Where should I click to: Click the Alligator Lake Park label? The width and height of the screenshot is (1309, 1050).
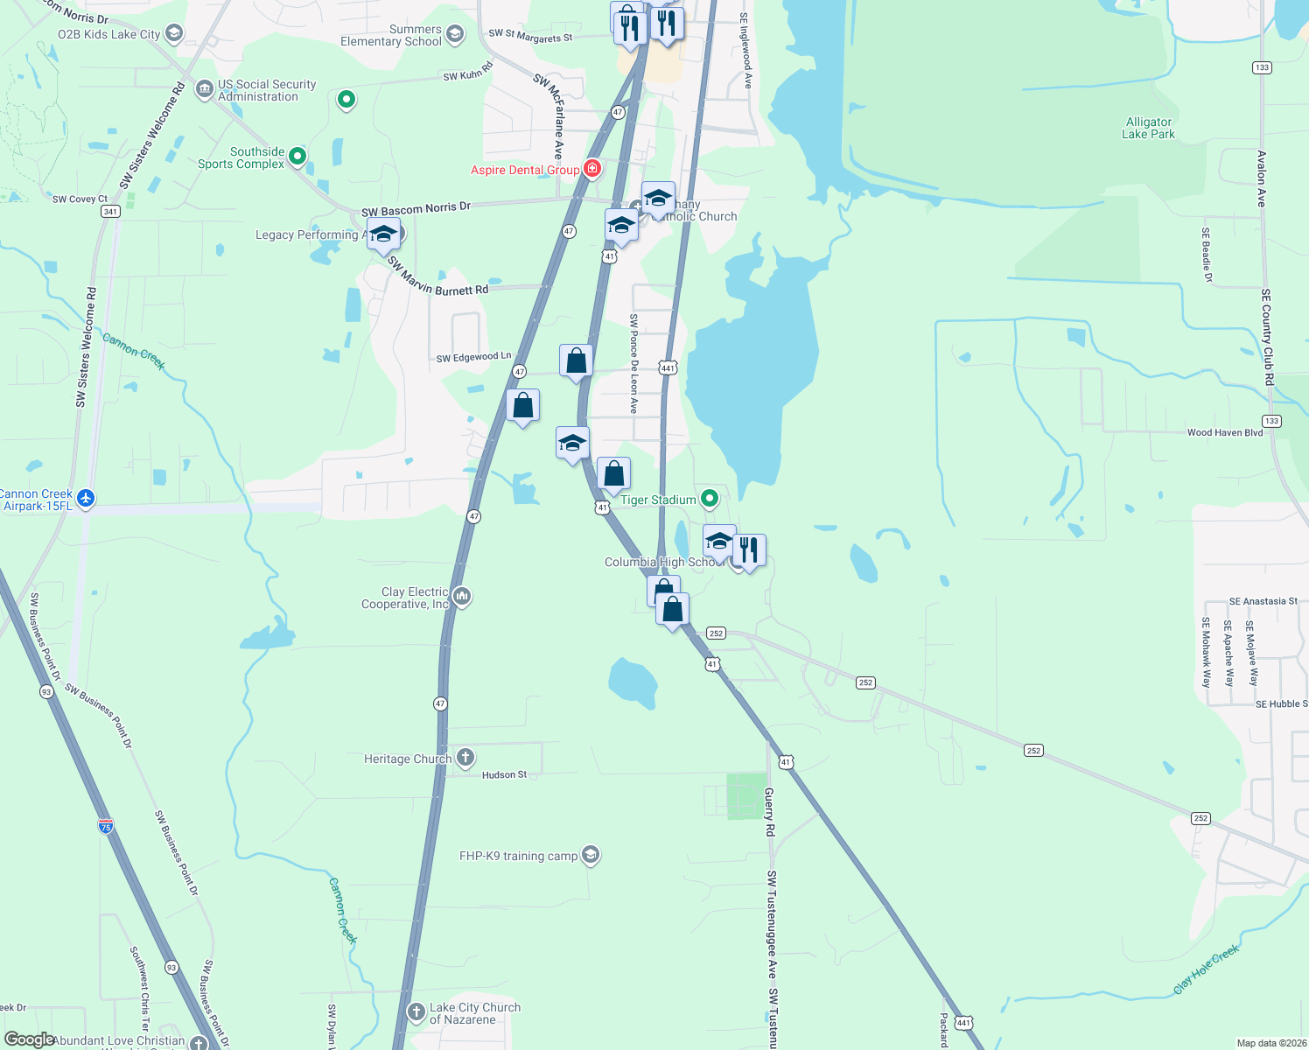tap(1148, 129)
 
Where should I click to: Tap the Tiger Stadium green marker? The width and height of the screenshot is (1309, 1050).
tap(710, 499)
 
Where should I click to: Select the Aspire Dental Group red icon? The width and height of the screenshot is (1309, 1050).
tap(592, 169)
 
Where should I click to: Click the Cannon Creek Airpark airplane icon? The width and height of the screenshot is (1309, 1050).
tap(85, 499)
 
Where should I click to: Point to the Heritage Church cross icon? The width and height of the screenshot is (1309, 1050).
tap(465, 758)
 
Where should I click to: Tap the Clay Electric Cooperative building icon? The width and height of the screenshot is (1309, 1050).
tap(462, 597)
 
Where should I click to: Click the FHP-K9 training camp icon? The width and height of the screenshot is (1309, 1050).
tap(591, 855)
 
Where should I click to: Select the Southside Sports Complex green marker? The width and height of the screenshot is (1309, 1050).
tap(297, 157)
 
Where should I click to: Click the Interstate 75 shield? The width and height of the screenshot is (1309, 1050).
tap(106, 825)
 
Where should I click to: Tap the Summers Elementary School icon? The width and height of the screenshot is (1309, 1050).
tap(454, 35)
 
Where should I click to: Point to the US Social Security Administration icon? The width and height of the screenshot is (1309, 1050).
tap(204, 89)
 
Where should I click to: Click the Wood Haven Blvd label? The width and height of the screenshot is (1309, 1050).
tap(1225, 432)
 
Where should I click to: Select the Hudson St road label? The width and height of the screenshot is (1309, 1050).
tap(505, 774)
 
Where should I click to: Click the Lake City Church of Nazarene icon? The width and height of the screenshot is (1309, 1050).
tap(416, 1013)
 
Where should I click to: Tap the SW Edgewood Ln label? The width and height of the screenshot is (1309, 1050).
tap(473, 357)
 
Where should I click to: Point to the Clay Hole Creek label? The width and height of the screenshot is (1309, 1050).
tap(1207, 969)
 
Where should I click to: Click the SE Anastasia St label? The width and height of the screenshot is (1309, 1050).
tap(1263, 601)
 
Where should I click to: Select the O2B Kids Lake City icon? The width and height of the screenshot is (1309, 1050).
tap(174, 34)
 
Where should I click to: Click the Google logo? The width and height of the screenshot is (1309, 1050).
tap(29, 1039)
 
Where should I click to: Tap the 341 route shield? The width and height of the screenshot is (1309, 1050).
tap(110, 212)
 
